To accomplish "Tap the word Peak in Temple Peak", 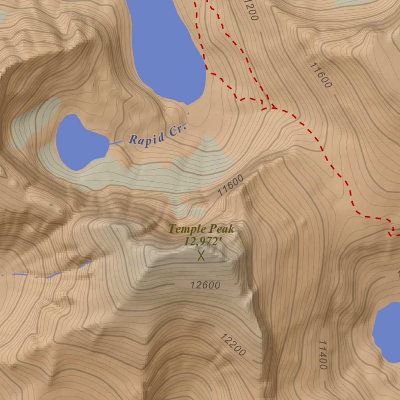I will (221, 229).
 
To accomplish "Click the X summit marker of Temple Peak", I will (201, 256).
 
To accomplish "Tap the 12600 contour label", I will (205, 285).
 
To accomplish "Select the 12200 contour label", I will (233, 345).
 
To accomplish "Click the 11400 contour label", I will (322, 355).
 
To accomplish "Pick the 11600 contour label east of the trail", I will (320, 75).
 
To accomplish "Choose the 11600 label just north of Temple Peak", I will (230, 185).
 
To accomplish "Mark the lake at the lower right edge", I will (388, 332).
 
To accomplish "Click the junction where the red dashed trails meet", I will (273, 107).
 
